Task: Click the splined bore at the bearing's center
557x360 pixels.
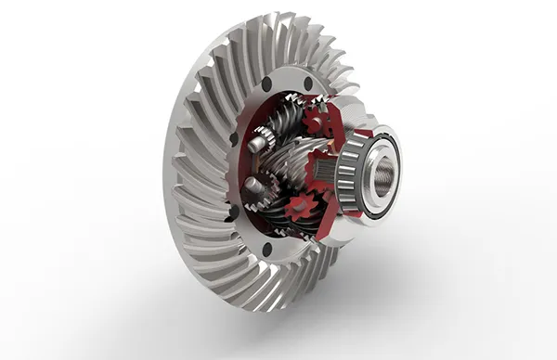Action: coord(382,172)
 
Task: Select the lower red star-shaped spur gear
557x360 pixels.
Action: coord(298,210)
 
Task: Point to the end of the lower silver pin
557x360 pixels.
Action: coord(250,186)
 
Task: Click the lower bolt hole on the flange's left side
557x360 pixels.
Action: coord(233,213)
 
